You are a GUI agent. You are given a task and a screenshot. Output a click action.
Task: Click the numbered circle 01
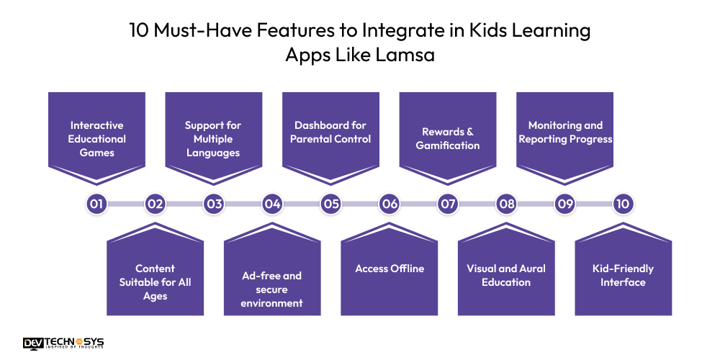click(96, 204)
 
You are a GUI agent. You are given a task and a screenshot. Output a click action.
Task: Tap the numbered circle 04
click(272, 204)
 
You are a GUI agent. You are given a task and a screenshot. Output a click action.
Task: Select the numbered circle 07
click(448, 204)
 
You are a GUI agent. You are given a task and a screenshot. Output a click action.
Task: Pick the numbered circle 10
click(623, 204)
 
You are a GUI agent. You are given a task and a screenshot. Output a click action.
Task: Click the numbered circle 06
click(390, 204)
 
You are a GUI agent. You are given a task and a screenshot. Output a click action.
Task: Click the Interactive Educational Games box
click(96, 138)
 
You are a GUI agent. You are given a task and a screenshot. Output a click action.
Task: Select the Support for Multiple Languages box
click(213, 138)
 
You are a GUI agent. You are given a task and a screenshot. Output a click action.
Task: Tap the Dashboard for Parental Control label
click(330, 132)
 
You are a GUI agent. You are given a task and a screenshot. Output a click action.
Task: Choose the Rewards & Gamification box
click(448, 138)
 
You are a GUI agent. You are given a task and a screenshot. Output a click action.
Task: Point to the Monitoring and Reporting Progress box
click(565, 132)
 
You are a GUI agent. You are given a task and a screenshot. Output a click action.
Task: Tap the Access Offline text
click(390, 269)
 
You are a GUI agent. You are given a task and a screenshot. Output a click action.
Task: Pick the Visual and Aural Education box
click(506, 275)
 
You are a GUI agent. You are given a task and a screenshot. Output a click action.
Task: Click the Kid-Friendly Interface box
click(623, 275)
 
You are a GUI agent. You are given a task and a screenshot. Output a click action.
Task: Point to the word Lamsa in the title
click(405, 55)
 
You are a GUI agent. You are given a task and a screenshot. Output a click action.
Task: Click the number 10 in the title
click(140, 31)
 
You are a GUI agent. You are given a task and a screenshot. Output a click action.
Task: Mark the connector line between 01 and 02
click(126, 204)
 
